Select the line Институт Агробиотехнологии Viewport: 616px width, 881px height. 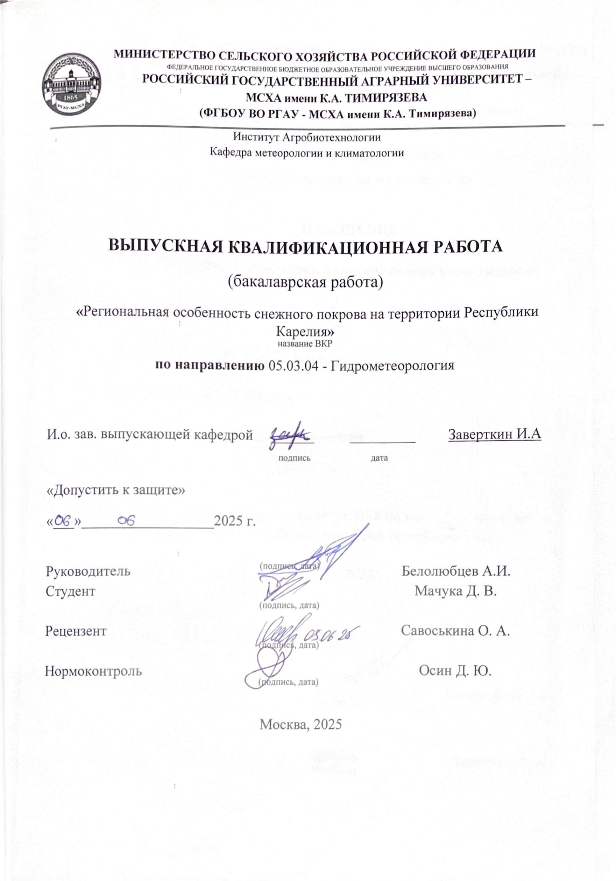[307, 137]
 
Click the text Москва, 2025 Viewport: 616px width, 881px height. [300, 724]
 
